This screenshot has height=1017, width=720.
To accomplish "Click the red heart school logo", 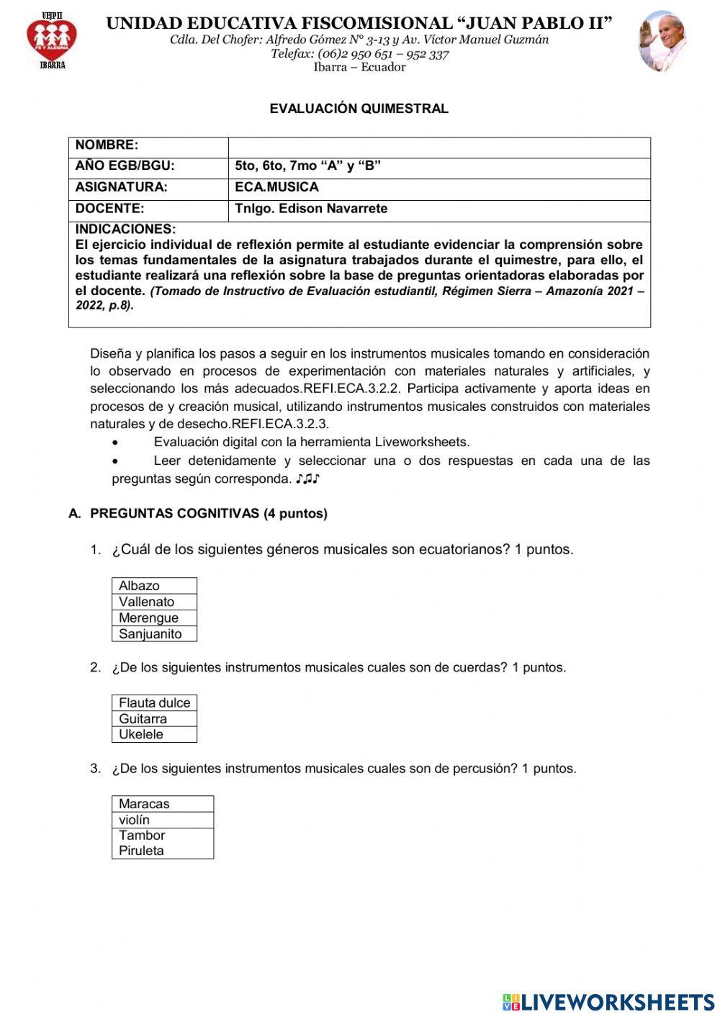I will [x=52, y=40].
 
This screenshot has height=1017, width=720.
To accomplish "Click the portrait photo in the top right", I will [x=662, y=41].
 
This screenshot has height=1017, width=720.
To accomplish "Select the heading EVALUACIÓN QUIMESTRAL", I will [x=359, y=109].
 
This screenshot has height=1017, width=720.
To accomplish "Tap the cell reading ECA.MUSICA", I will [x=276, y=187].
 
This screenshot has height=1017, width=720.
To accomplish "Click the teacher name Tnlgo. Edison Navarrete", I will [x=311, y=209].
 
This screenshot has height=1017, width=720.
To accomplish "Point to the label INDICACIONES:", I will [x=125, y=230].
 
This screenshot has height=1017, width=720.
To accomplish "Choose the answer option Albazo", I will [x=154, y=586].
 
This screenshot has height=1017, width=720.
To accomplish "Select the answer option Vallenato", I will [x=154, y=602].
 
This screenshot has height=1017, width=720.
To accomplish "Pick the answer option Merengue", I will [x=154, y=618].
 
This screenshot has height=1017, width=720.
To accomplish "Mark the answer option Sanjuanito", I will [x=154, y=634].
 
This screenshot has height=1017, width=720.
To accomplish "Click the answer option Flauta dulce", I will [x=154, y=702].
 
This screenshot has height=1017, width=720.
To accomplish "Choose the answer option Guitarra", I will [x=154, y=718].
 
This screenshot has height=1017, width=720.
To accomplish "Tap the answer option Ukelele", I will [x=154, y=734].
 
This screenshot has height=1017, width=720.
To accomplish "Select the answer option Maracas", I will [x=162, y=804].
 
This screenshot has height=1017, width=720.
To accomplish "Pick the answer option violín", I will [x=162, y=820].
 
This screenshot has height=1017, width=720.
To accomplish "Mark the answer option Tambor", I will [x=162, y=836].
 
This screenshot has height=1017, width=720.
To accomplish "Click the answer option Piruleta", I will [x=162, y=851].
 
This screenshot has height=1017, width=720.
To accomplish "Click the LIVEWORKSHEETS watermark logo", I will [x=608, y=1002].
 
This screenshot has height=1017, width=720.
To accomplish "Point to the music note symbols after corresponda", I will [x=307, y=479].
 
